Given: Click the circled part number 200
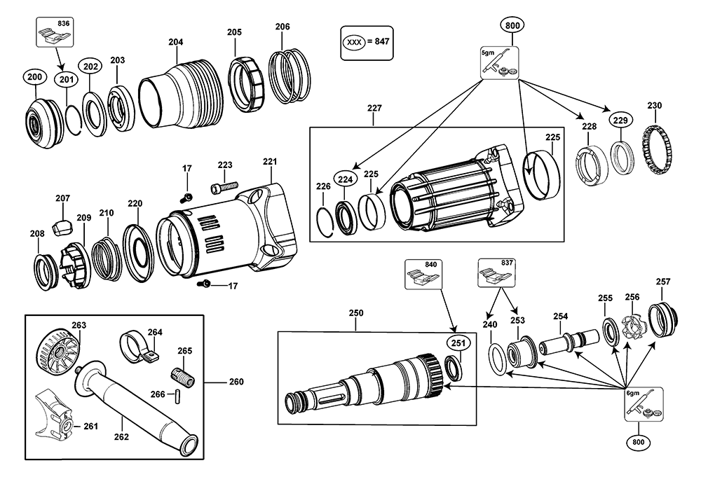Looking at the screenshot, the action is pyautogui.click(x=34, y=77).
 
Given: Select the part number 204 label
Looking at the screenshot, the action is pyautogui.click(x=176, y=42).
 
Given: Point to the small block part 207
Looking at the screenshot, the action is pyautogui.click(x=62, y=227).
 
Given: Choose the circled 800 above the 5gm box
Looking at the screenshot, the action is pyautogui.click(x=512, y=25).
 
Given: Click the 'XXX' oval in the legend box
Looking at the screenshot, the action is pyautogui.click(x=353, y=43).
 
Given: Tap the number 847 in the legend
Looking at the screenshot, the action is pyautogui.click(x=382, y=41).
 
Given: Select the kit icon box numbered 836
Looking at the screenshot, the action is pyautogui.click(x=55, y=32).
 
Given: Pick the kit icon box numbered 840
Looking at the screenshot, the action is pyautogui.click(x=422, y=273).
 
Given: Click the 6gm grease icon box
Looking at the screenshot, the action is pyautogui.click(x=644, y=404).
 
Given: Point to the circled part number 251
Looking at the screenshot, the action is pyautogui.click(x=458, y=343).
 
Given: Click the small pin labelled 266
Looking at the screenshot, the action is pyautogui.click(x=178, y=396).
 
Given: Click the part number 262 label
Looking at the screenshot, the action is pyautogui.click(x=121, y=437).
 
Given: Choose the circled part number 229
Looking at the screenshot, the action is pyautogui.click(x=620, y=120).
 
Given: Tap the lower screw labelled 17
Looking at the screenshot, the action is pyautogui.click(x=205, y=284).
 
